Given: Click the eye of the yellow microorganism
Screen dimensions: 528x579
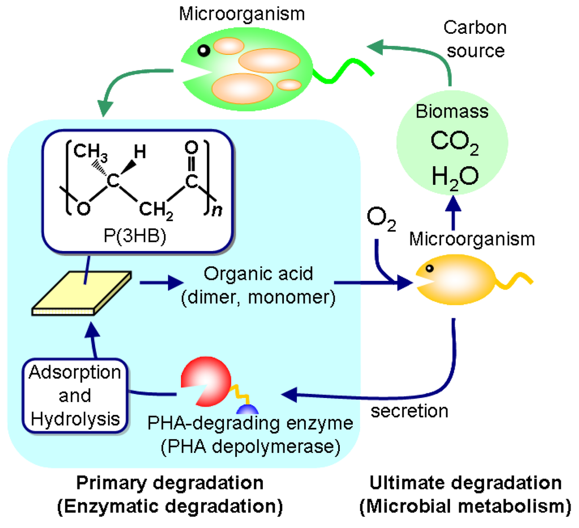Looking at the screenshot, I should [429, 269].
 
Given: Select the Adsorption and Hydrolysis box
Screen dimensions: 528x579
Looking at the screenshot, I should [75, 395].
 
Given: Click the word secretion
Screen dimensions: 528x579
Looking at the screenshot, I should [409, 410].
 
